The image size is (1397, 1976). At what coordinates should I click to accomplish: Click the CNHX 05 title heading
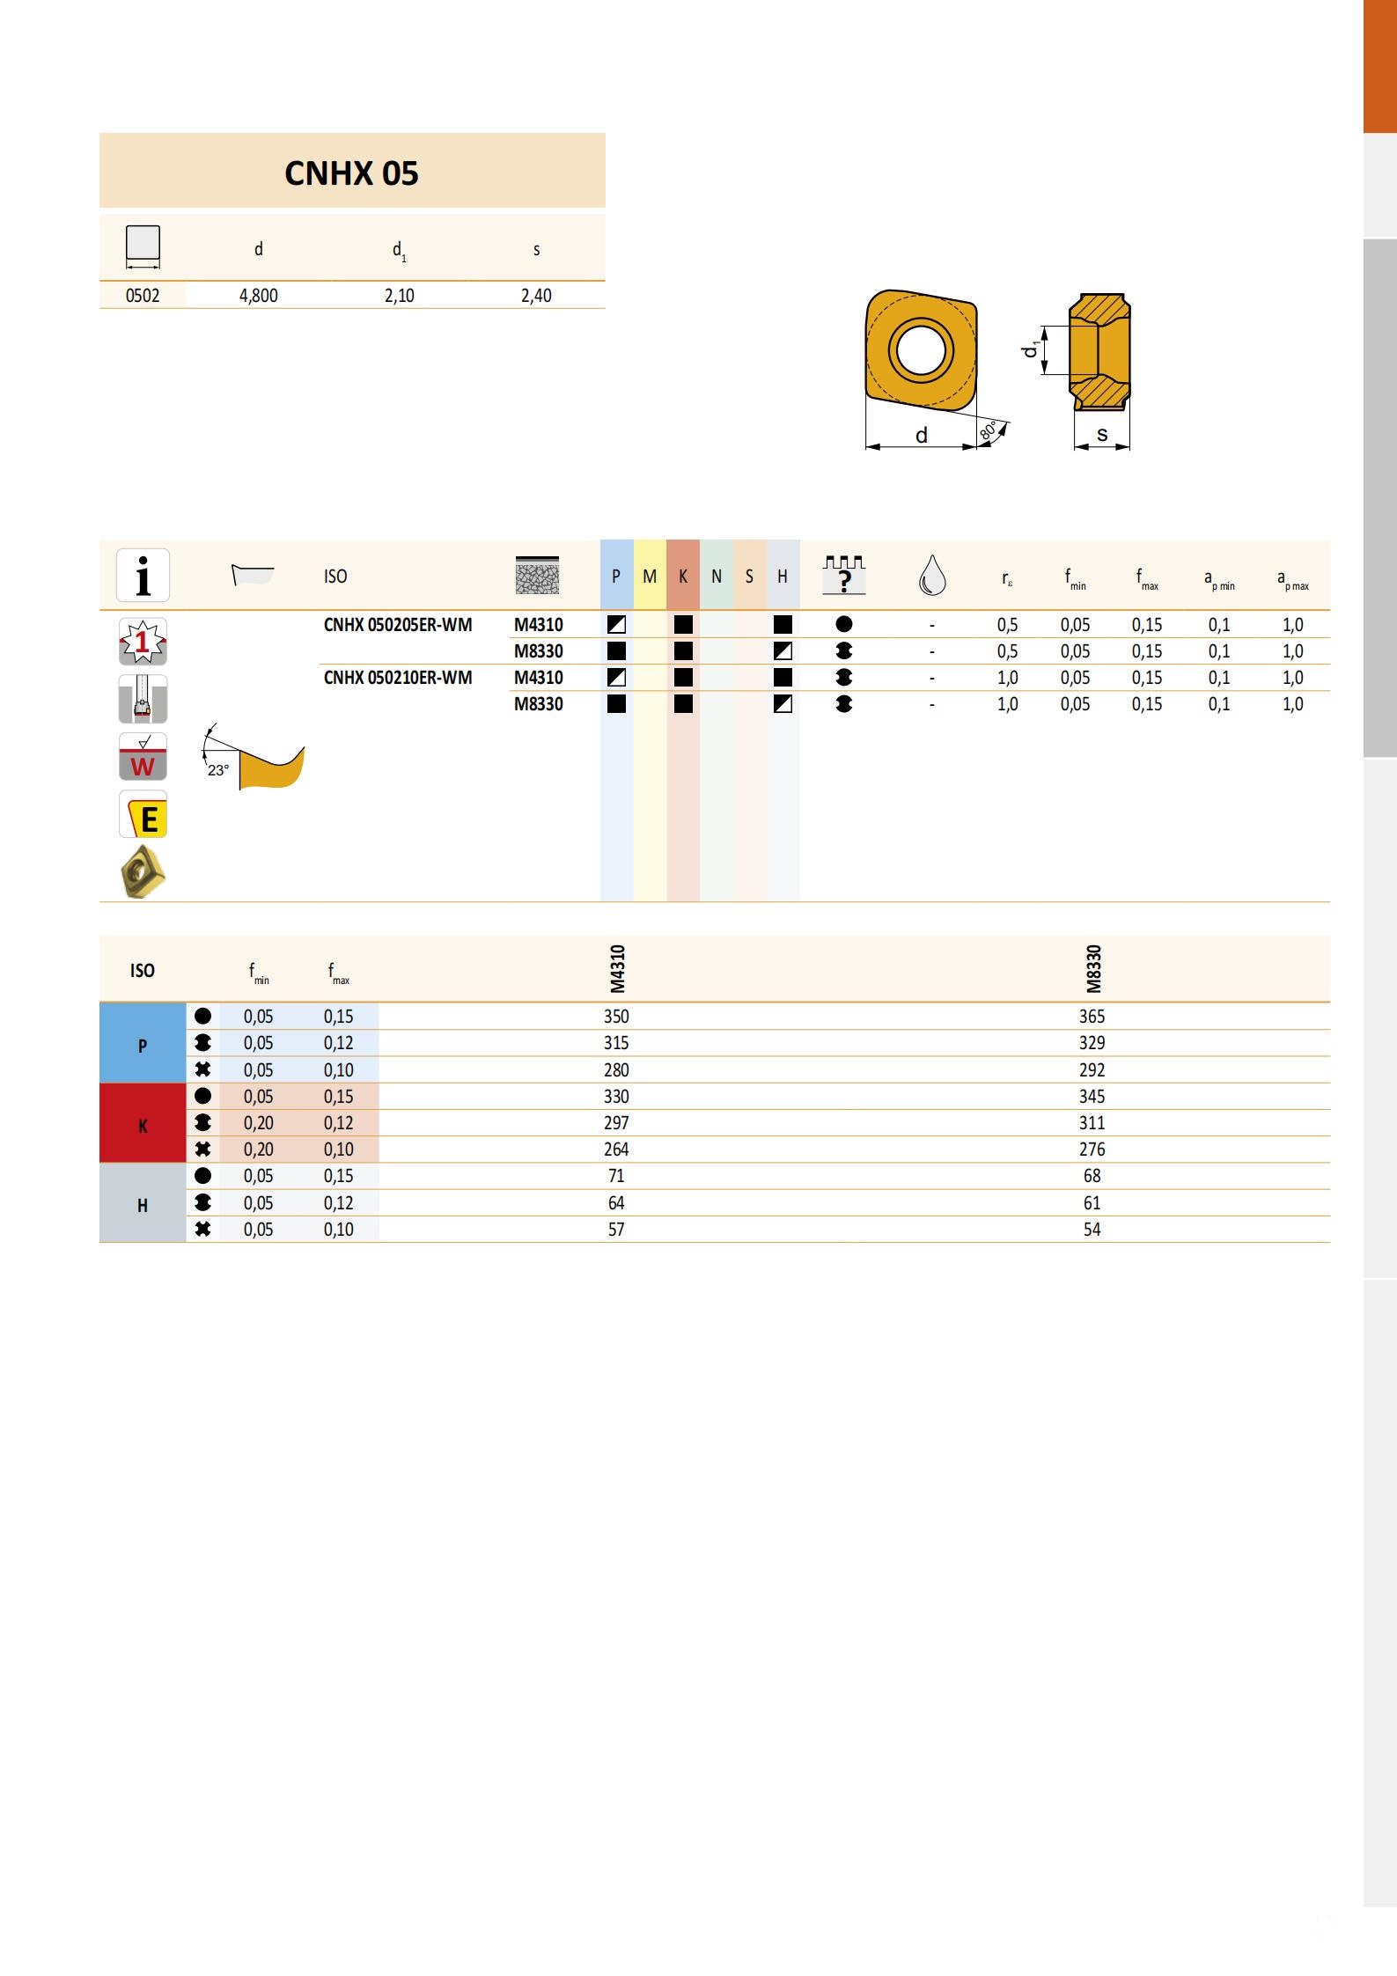[x=351, y=173]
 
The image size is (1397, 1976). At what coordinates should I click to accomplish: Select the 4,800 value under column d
[x=258, y=296]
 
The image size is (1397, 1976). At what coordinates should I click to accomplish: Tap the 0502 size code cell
[x=143, y=296]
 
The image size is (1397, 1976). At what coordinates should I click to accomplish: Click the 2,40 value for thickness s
[x=536, y=296]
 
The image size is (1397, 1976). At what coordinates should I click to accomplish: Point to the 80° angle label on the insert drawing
[x=988, y=431]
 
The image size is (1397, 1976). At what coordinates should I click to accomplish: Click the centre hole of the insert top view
[x=922, y=350]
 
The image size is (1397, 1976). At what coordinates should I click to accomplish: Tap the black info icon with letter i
[x=143, y=576]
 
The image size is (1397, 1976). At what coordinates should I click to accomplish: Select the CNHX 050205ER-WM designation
[x=398, y=625]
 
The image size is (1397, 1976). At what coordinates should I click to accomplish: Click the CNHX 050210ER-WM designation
[x=398, y=678]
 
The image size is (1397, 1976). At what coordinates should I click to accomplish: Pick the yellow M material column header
[x=650, y=576]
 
